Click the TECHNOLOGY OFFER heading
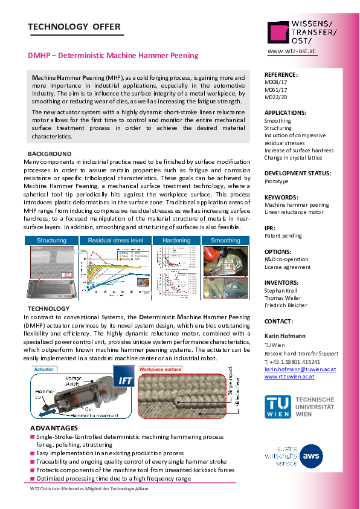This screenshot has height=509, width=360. click(x=74, y=27)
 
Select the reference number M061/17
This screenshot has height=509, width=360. click(x=276, y=89)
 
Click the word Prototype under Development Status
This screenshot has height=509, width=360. click(x=277, y=181)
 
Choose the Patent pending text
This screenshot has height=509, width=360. click(x=281, y=236)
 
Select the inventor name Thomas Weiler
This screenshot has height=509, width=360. click(x=283, y=297)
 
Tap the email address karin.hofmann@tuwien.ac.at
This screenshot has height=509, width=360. click(x=300, y=369)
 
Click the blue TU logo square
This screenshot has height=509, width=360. click(x=277, y=407)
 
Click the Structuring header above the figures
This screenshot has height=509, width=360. click(x=51, y=241)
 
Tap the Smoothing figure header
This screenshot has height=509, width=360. click(x=225, y=241)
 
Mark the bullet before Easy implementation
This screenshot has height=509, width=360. click(x=33, y=453)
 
